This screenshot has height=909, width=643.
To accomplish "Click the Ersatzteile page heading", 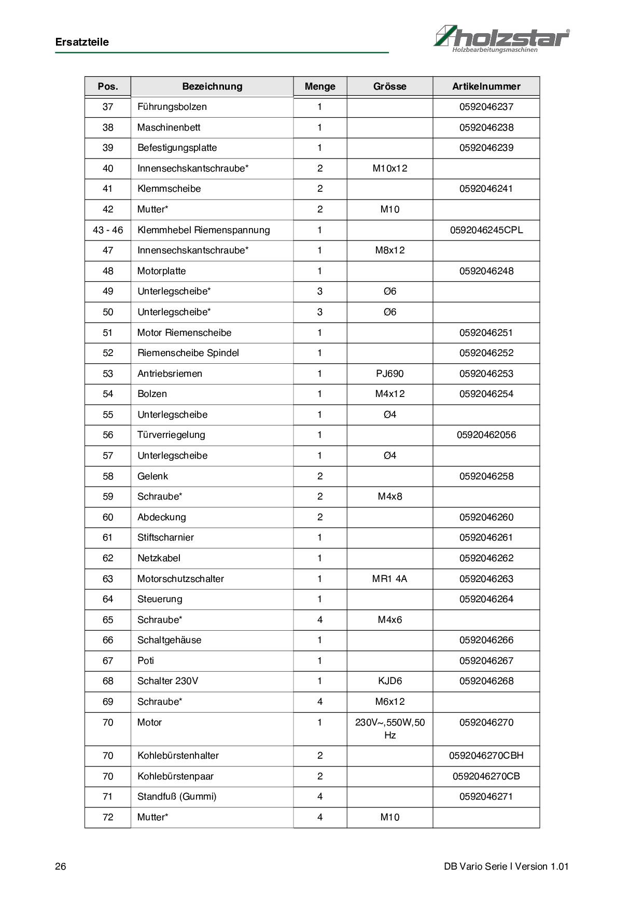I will pos(82,42).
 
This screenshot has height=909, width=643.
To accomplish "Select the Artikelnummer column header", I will pos(486,87).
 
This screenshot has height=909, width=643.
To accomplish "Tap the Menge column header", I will pos(320,87).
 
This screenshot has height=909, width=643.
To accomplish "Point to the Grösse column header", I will pos(389,87).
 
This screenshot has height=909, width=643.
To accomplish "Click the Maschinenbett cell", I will pos(169,127).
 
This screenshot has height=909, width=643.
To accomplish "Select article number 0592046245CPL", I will pos(486,230).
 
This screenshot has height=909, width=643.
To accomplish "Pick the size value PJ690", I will pos(389,374).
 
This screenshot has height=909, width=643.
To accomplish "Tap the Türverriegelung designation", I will pos(171,435).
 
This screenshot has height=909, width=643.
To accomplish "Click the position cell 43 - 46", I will pos(108,230).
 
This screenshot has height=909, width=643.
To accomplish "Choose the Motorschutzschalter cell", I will pos(180,579).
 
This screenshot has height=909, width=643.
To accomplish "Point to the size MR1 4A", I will pos(389,579).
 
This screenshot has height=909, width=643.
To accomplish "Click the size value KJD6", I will pos(389,681).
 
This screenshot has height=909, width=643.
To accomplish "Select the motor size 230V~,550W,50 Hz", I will pos(389,729).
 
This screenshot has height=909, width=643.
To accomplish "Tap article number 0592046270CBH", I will pos(486,756).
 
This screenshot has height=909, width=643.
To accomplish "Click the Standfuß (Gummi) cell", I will pos(177,797).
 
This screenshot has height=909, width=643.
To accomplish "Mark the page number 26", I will pos(61,867).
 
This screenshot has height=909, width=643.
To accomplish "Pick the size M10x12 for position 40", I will pos(389,168).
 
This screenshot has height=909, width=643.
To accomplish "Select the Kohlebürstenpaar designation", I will pos(175,776).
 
